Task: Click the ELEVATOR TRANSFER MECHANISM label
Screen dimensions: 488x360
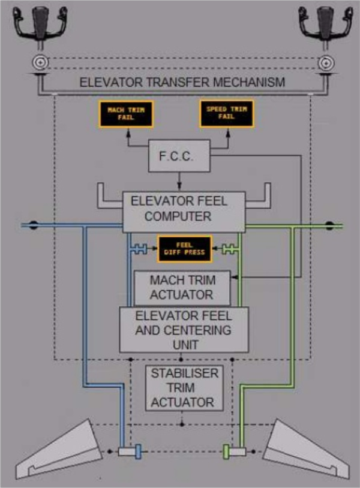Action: [182, 82]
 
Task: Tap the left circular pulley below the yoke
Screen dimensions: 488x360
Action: [38, 62]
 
